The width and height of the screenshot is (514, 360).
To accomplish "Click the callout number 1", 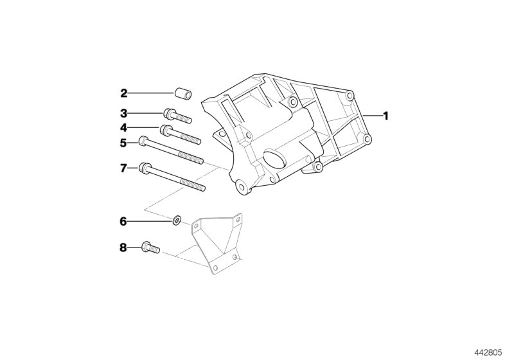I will [x=386, y=116].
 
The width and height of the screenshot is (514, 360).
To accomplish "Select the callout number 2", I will [x=124, y=93].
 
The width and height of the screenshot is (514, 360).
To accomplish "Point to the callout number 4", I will [x=124, y=128].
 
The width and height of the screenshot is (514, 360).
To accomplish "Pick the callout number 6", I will [x=124, y=221].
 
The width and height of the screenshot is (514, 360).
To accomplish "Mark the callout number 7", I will [x=124, y=169].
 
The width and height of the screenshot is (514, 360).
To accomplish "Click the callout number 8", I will [x=124, y=246].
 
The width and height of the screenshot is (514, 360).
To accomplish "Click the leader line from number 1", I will [x=371, y=116].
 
